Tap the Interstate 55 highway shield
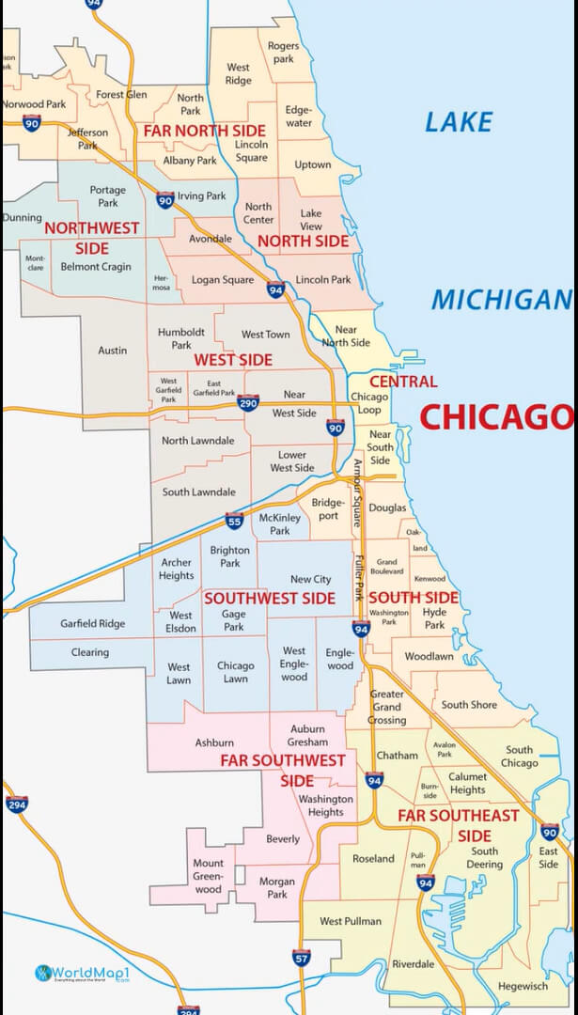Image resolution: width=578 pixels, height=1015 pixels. pos(235,521)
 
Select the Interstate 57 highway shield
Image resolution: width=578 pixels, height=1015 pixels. pos(301,958)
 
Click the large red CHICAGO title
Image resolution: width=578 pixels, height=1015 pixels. pos(495,416)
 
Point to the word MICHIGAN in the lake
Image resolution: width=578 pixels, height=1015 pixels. pos(501,300)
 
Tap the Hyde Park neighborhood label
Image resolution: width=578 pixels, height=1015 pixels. pos(434,617)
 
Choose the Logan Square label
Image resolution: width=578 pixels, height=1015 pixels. pos(223,280)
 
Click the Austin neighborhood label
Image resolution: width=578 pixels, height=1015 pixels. pos(112,351)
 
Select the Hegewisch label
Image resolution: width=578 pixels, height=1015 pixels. pos(523,986)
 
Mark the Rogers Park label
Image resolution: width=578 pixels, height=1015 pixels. pos(283,52)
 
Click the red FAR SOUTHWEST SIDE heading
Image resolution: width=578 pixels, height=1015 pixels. pos(283,770)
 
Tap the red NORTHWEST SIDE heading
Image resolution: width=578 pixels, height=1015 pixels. pos(91,238)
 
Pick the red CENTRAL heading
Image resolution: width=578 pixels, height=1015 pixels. pos(403,382)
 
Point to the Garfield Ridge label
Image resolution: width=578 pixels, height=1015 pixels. pos(92,623)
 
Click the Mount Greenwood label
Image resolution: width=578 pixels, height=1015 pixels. pos(209,876)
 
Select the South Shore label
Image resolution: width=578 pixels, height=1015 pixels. pos(469,705)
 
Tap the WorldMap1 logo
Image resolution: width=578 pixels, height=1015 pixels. pos(81,973)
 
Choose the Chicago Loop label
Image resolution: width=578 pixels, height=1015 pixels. pos(368,403)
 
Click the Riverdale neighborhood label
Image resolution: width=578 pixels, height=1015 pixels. pos(414,964)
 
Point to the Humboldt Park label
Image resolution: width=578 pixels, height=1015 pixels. pos(175,338)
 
